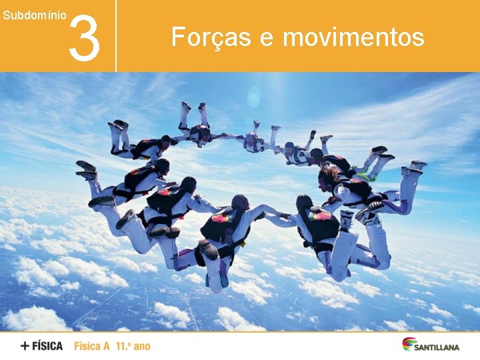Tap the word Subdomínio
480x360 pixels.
[34, 14]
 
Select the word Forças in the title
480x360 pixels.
[211, 37]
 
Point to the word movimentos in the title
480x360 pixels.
[353, 37]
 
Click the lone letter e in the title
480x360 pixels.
[267, 39]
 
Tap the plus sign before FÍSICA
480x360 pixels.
[25, 346]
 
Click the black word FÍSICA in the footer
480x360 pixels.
[49, 346]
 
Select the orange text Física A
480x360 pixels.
[92, 346]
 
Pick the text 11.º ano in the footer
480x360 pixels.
[133, 346]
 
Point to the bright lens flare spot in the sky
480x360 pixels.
[254, 99]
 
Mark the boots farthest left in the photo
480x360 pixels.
[86, 171]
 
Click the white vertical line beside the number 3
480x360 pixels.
[116, 36]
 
